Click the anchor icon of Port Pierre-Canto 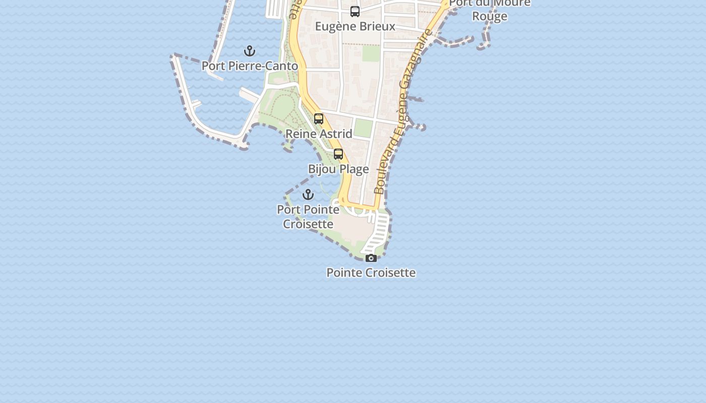click(250, 51)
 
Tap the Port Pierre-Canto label click(250, 66)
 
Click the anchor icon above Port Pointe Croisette click(308, 194)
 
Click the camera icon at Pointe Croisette click(371, 258)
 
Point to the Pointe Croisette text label click(371, 273)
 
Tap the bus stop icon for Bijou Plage click(338, 154)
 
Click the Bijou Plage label click(338, 169)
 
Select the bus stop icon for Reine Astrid click(319, 119)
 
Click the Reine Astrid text click(319, 133)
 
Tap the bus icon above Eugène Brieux click(355, 11)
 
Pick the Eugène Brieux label click(355, 26)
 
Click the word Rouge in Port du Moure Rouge click(490, 16)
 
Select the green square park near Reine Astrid click(363, 128)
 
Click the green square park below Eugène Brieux click(371, 53)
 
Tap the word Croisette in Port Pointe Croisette click(308, 224)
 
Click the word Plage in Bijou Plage click(354, 169)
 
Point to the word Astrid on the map click(335, 133)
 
